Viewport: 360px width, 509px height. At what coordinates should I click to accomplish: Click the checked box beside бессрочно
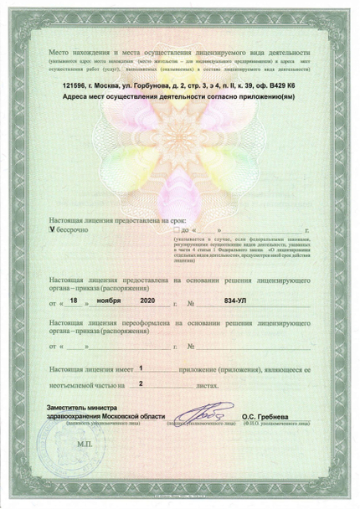tap(53, 228)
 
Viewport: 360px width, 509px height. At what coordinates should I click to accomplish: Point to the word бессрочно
tap(73, 228)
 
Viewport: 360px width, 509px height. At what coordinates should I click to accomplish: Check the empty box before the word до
tap(176, 228)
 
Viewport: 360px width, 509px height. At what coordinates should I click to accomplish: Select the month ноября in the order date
tap(106, 299)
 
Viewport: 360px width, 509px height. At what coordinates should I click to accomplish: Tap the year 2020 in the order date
tap(147, 299)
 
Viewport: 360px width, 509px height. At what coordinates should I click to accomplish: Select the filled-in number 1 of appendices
tap(141, 367)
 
